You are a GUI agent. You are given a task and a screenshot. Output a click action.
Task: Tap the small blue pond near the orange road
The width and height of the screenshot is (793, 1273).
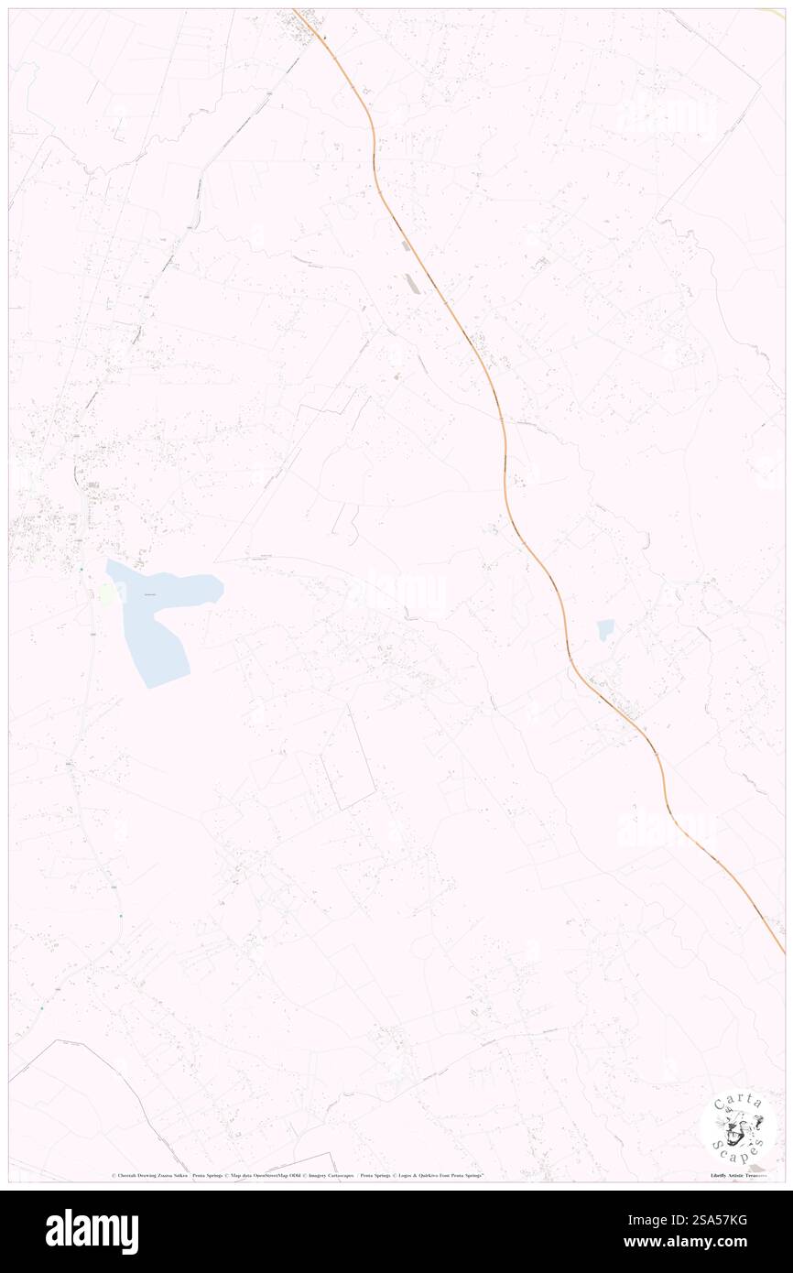coord(605,630)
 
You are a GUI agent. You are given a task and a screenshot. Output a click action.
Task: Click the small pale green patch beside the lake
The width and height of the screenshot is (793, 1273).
coord(108,593)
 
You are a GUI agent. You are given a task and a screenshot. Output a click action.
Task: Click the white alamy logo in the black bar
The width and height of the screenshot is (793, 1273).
coord(92,1232)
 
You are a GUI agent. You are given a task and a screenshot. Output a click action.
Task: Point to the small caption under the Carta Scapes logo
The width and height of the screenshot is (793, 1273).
coord(739,1175)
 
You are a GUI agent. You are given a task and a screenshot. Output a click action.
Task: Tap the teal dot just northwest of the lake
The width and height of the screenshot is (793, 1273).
coord(81,570)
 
